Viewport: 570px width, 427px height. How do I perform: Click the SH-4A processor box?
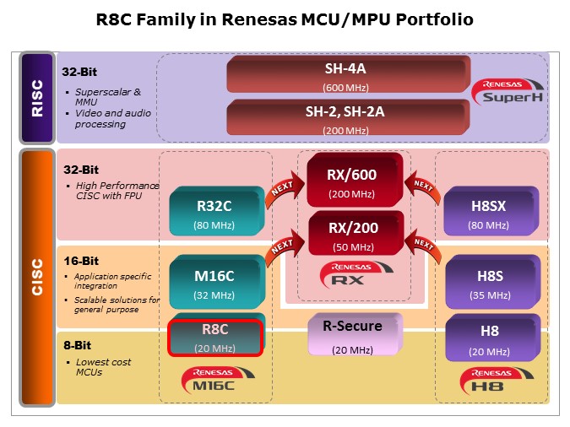coord(345,75)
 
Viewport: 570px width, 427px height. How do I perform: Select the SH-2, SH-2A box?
coord(345,116)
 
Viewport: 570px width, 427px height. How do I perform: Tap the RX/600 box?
coord(351,181)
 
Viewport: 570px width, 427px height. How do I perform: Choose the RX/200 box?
coord(351,234)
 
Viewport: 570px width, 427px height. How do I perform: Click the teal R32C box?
coord(214,211)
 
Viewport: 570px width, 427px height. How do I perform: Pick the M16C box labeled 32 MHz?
coord(214,281)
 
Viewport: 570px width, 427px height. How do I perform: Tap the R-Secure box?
coord(352,334)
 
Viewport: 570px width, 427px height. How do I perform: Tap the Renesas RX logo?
coord(351,273)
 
